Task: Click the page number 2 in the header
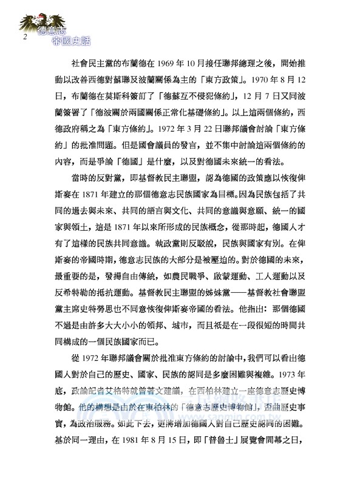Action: coord(25,37)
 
